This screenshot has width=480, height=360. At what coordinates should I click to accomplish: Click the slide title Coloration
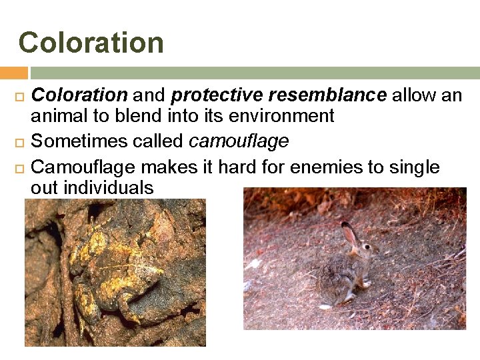tap(91, 43)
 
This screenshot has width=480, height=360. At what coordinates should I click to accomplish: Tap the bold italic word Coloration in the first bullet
tap(79, 96)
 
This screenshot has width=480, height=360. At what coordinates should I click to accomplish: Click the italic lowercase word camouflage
tap(239, 141)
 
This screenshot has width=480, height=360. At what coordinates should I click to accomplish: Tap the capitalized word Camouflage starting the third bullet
tap(84, 167)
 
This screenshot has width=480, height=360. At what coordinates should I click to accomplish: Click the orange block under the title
tap(13, 73)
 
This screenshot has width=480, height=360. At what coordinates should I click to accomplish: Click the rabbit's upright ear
tap(349, 233)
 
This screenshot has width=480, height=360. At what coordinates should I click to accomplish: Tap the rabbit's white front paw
tap(366, 283)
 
